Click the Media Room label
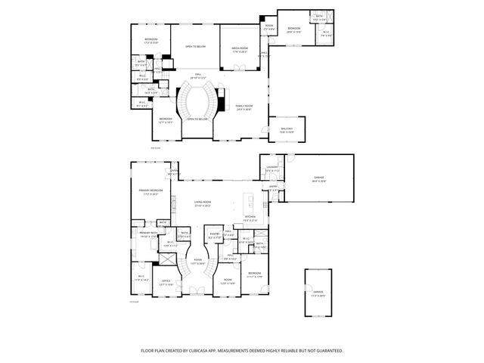pyautogui.click(x=240, y=49)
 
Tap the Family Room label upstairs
pyautogui.click(x=244, y=107)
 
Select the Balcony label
pyautogui.click(x=287, y=130)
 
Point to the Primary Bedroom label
pyautogui.click(x=149, y=191)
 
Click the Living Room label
pyautogui.click(x=202, y=203)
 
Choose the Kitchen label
pyautogui.click(x=250, y=219)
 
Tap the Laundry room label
pyautogui.click(x=272, y=169)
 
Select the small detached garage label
pyautogui.click(x=318, y=296)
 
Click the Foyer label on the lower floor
pyautogui.click(x=197, y=261)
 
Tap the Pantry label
pyautogui.click(x=215, y=235)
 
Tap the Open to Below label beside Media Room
pyautogui.click(x=195, y=47)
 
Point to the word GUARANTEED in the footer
pyautogui.click(x=327, y=350)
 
